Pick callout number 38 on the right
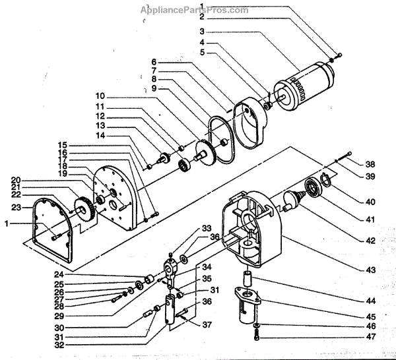point(370,164)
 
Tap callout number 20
point(15,180)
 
